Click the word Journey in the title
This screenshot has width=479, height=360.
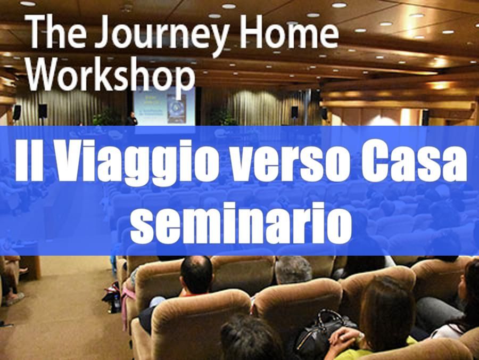tap(163, 34)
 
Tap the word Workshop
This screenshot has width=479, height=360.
tap(111, 75)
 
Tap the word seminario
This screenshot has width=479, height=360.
tap(241, 222)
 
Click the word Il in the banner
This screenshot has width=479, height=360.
tap(29, 160)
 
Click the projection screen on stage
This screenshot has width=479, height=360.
tap(164, 106)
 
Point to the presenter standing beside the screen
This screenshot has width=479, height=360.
tap(131, 119)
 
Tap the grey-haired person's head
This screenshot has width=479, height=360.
tap(293, 270)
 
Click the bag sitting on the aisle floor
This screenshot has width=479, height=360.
tap(112, 298)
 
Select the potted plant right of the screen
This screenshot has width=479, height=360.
tap(224, 118)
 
